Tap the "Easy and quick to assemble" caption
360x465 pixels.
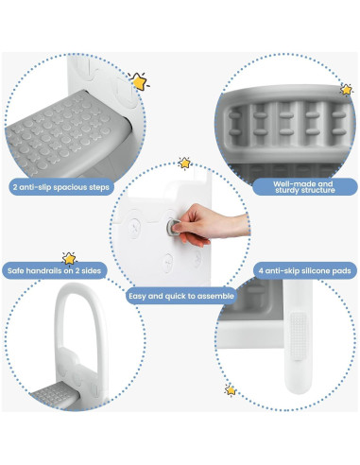pyautogui.click(x=180, y=296)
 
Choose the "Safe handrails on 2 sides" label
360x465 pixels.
pyautogui.click(x=56, y=271)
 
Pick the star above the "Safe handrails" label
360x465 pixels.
pyautogui.click(x=69, y=256)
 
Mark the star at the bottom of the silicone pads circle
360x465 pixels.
pyautogui.click(x=231, y=389)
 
